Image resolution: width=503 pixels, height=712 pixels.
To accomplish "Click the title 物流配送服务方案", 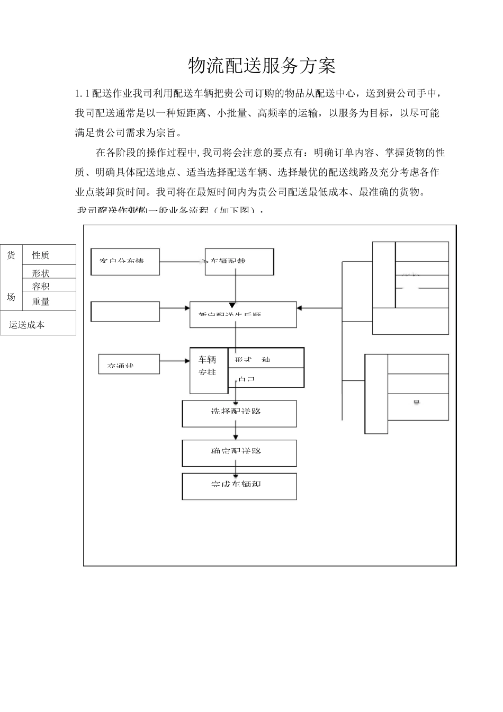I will pyautogui.click(x=262, y=66).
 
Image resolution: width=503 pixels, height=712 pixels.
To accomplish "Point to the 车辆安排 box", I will pyautogui.click(x=208, y=370).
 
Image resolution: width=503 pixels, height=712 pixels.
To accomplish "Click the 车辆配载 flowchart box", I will pyautogui.click(x=239, y=262).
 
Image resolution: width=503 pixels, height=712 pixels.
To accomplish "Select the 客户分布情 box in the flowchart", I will pyautogui.click(x=125, y=262).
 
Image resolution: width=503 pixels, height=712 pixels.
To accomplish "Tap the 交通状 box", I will pyautogui.click(x=129, y=364).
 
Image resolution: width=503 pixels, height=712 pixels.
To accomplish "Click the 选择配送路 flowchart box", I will pyautogui.click(x=239, y=413).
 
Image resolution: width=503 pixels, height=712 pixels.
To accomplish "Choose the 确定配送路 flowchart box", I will pyautogui.click(x=239, y=453).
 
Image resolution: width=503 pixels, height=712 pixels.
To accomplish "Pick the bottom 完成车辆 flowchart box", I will pyautogui.click(x=239, y=486).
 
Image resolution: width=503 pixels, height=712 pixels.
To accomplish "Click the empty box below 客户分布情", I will pyautogui.click(x=125, y=311).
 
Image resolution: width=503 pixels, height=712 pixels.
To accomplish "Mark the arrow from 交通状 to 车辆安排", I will pyautogui.click(x=174, y=361).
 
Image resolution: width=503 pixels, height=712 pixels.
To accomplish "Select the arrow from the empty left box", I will pyautogui.click(x=174, y=308).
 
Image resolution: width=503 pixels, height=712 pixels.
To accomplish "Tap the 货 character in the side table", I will pyautogui.click(x=11, y=255).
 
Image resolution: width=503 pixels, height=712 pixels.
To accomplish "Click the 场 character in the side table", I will pyautogui.click(x=11, y=297).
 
